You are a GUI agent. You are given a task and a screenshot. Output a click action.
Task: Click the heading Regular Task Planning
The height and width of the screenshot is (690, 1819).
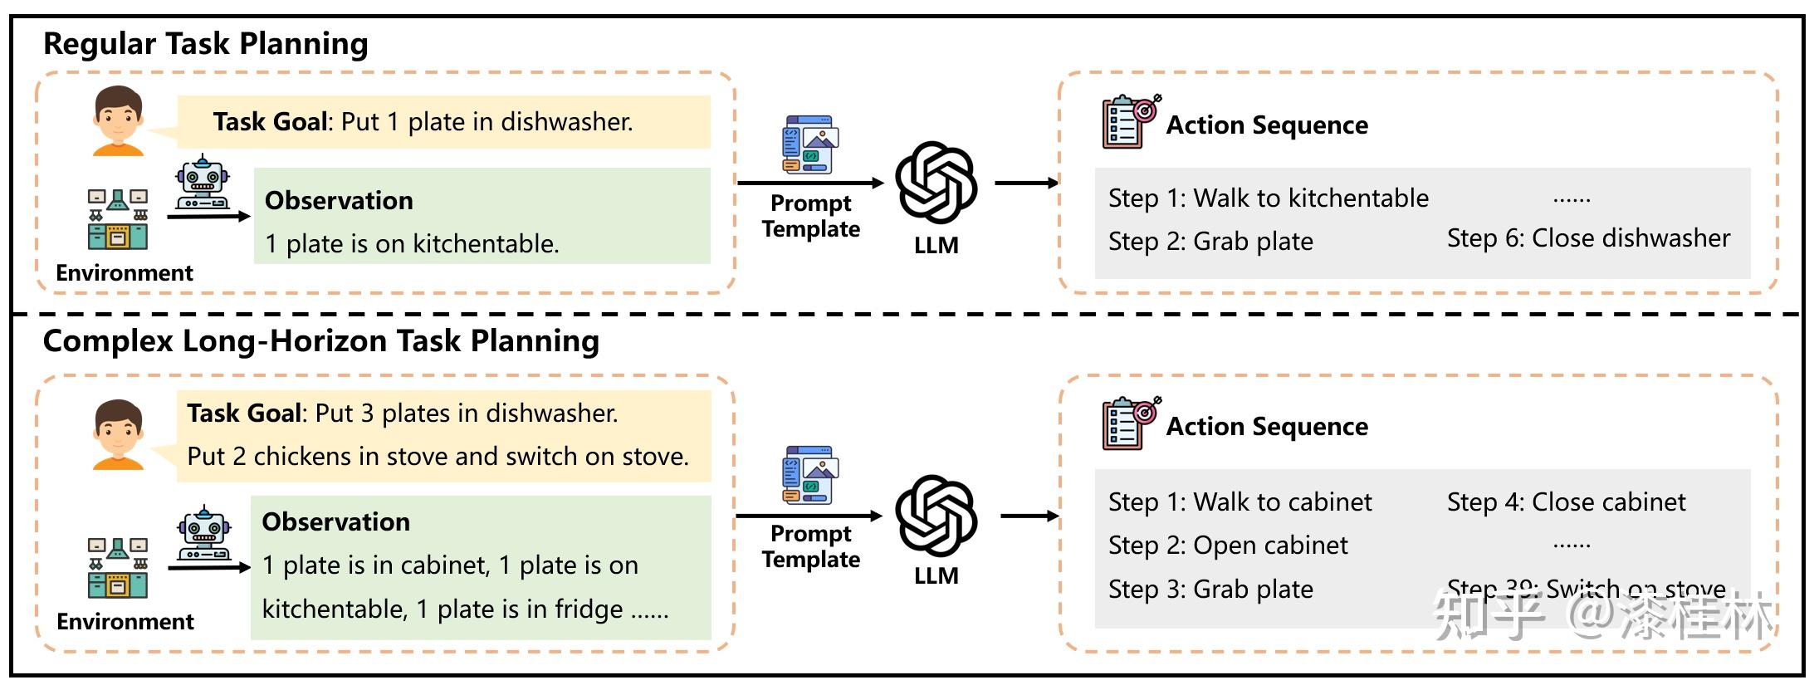(205, 44)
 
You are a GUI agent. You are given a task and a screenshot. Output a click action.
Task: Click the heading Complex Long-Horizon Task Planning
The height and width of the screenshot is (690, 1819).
(320, 341)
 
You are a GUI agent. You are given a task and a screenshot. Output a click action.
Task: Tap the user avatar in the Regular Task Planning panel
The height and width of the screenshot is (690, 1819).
(118, 120)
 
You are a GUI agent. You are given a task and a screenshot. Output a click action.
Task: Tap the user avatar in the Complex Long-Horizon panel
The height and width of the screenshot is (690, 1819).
(118, 434)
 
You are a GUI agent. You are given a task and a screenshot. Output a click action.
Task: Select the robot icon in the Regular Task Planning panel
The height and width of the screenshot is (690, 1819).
(202, 183)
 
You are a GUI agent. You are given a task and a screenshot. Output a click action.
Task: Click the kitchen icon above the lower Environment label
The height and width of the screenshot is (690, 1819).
(118, 568)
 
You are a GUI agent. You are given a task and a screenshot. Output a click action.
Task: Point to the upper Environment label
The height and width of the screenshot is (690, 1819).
(125, 272)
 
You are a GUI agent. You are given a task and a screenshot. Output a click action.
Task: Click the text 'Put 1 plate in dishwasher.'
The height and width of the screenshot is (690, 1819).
(487, 122)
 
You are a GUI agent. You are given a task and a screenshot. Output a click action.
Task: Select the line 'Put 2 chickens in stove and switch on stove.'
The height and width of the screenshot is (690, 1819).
(438, 456)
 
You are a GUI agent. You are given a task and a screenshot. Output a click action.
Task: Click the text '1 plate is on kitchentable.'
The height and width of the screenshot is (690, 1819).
(412, 243)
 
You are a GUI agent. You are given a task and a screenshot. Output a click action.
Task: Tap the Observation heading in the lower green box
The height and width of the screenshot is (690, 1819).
(336, 521)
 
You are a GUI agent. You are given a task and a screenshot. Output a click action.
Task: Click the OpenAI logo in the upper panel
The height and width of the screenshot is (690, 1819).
(936, 183)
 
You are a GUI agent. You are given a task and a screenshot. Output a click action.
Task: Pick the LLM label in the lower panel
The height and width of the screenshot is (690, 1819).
(936, 575)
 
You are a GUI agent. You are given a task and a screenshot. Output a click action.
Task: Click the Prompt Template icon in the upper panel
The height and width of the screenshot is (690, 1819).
(810, 144)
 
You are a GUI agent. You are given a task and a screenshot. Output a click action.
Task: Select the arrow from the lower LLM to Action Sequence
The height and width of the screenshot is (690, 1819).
(1029, 516)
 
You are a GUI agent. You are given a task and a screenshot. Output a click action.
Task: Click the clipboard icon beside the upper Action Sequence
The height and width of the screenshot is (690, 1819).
(1131, 122)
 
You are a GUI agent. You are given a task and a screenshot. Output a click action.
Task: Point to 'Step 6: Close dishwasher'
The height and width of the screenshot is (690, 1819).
(1588, 238)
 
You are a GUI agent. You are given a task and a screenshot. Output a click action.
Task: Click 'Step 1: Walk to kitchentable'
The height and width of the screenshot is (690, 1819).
(1269, 198)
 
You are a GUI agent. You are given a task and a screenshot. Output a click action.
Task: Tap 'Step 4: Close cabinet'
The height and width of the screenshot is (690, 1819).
(1567, 502)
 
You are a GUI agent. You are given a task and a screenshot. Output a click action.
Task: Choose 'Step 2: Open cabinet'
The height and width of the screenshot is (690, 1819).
(1228, 545)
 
